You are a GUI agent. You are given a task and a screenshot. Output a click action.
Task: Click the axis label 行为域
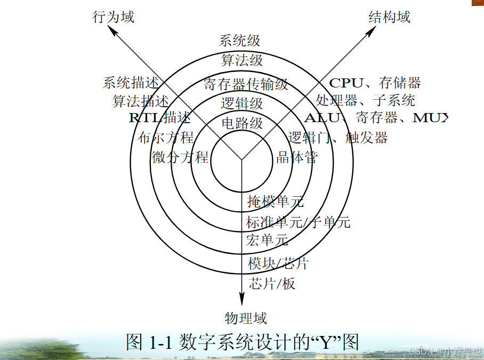[114, 17]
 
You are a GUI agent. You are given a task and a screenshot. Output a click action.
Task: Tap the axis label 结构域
[390, 17]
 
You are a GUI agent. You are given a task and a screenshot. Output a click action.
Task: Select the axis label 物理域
[246, 318]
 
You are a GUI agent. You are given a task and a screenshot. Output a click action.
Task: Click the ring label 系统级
[240, 41]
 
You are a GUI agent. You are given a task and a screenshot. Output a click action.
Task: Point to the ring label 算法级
[242, 60]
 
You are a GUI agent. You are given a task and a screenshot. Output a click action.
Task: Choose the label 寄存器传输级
[246, 84]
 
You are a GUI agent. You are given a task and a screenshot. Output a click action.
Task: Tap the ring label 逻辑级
[242, 102]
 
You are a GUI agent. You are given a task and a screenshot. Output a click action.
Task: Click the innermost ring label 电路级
[242, 123]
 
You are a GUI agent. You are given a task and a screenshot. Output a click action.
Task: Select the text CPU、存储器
[375, 83]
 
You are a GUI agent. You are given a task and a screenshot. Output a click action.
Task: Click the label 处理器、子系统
[365, 100]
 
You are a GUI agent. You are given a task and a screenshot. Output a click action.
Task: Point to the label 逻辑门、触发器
[337, 138]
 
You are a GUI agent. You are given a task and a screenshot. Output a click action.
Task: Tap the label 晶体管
[297, 157]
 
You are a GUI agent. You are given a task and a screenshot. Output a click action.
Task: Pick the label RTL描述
[159, 118]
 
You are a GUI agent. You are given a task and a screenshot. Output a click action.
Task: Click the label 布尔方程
[166, 138]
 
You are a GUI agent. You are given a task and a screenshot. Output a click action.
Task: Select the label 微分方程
[180, 157]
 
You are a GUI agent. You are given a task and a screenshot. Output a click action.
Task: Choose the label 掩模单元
[276, 201]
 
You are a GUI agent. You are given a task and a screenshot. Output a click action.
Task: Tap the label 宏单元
[267, 240]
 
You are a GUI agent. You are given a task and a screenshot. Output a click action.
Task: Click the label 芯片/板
[272, 283]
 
